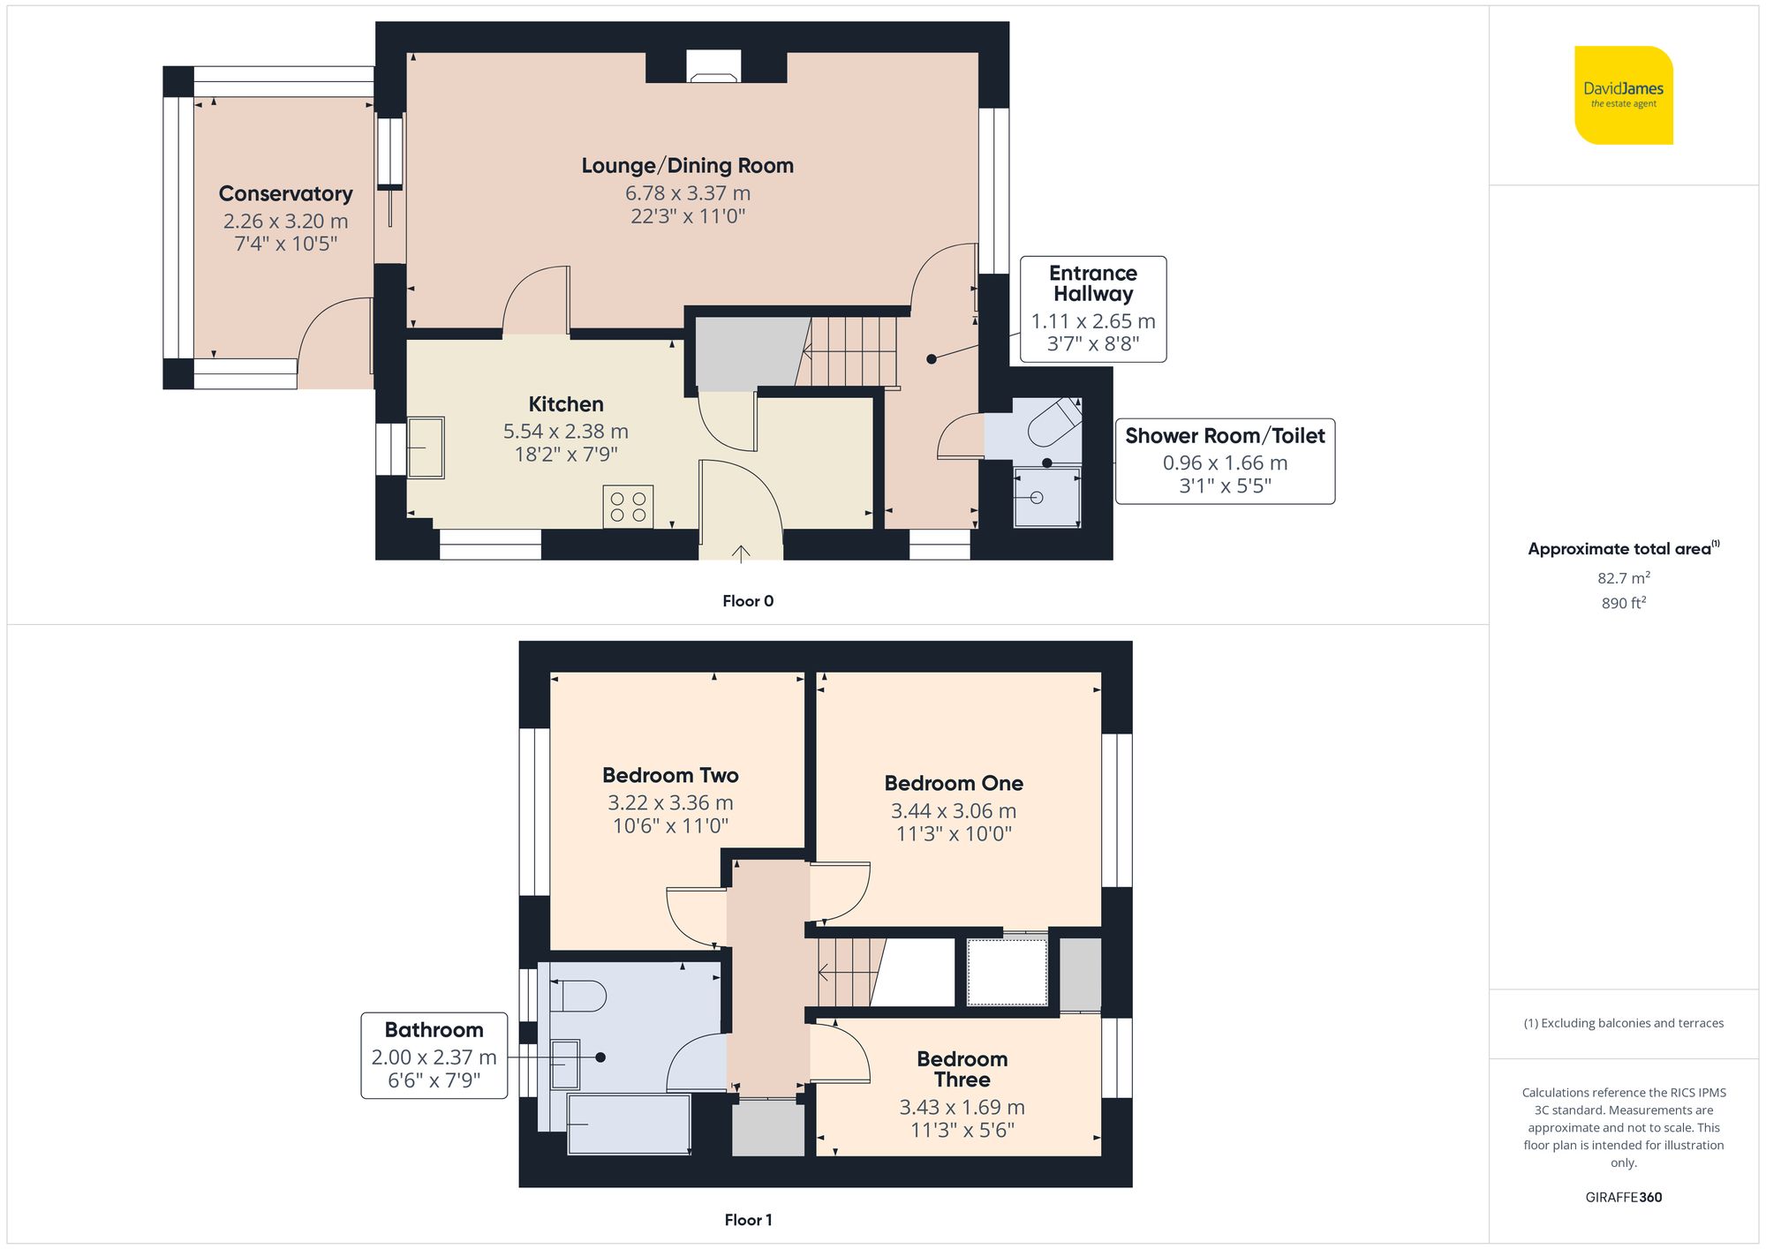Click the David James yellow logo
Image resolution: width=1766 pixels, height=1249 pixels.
[1623, 95]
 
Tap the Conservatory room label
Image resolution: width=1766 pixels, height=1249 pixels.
[285, 193]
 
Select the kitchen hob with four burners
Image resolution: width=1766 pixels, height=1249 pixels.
[628, 507]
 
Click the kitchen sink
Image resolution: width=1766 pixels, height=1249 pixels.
[426, 448]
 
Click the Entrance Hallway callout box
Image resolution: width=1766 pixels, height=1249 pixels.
[1092, 309]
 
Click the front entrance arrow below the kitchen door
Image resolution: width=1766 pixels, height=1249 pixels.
[740, 553]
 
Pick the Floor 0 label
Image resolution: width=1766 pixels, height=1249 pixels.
[747, 601]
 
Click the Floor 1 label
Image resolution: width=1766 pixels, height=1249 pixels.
[747, 1220]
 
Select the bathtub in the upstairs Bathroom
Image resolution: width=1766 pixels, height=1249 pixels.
[628, 1124]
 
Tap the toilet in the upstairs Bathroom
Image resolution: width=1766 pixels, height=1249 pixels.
[578, 997]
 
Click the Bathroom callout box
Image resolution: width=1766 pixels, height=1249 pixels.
[434, 1055]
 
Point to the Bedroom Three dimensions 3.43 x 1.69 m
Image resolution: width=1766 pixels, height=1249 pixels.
[962, 1107]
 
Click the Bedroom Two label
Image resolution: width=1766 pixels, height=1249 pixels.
[670, 775]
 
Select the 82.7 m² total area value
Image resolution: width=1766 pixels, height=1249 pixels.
[1623, 578]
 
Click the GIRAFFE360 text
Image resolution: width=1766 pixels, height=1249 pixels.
[1623, 1197]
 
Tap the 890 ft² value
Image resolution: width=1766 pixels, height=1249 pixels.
[1623, 603]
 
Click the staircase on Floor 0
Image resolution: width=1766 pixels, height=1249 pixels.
[848, 351]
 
